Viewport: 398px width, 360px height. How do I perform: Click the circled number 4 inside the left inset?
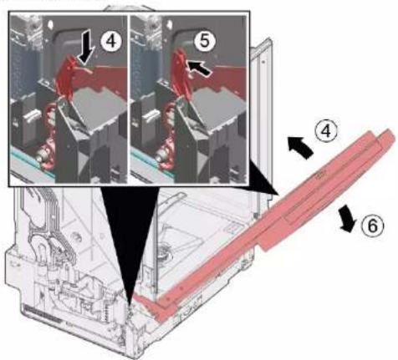111,42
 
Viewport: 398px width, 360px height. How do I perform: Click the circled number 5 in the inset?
204,42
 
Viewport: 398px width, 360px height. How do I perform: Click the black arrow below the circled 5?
198,68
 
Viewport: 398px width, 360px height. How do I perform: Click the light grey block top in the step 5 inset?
216,105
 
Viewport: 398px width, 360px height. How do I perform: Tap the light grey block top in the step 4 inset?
96,105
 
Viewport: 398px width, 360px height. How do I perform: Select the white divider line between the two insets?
129,99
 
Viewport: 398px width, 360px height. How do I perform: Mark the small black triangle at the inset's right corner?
262,178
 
